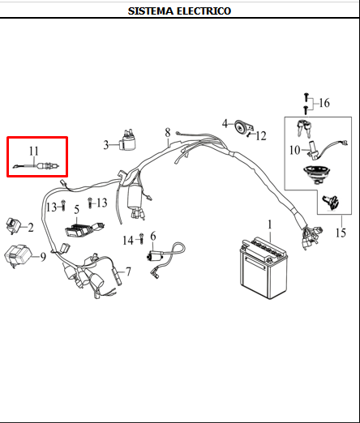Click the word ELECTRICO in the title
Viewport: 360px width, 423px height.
click(204, 11)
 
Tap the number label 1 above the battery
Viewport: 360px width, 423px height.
click(271, 223)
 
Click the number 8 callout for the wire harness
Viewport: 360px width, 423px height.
click(167, 132)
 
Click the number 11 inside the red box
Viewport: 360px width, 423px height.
click(34, 151)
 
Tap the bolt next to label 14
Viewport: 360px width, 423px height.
click(141, 240)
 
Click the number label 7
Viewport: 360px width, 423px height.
click(127, 271)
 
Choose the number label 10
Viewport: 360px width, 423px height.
click(295, 150)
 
